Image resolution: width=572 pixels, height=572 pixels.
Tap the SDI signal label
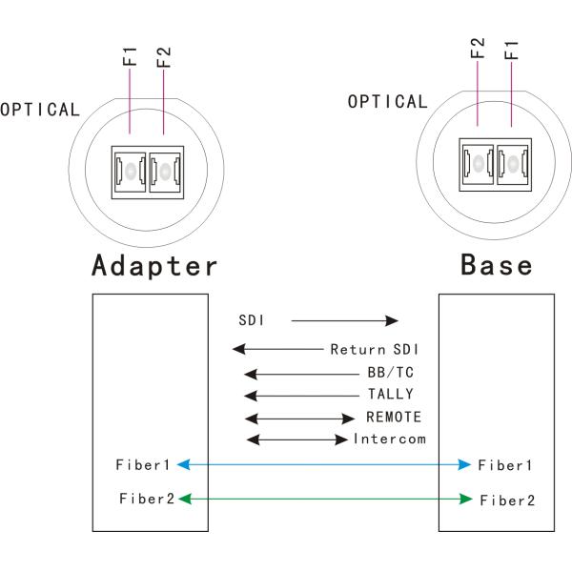coord(251,322)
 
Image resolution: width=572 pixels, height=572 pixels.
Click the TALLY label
coord(391,394)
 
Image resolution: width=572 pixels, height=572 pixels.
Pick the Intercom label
coord(388,439)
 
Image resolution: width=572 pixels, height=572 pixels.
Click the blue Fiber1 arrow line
coord(324,464)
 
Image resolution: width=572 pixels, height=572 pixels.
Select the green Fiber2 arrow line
coord(324,498)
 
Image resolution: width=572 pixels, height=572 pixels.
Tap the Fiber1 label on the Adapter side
coord(144,464)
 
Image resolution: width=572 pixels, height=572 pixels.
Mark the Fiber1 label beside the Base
coord(504,465)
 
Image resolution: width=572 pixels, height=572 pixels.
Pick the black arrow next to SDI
coord(343,322)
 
